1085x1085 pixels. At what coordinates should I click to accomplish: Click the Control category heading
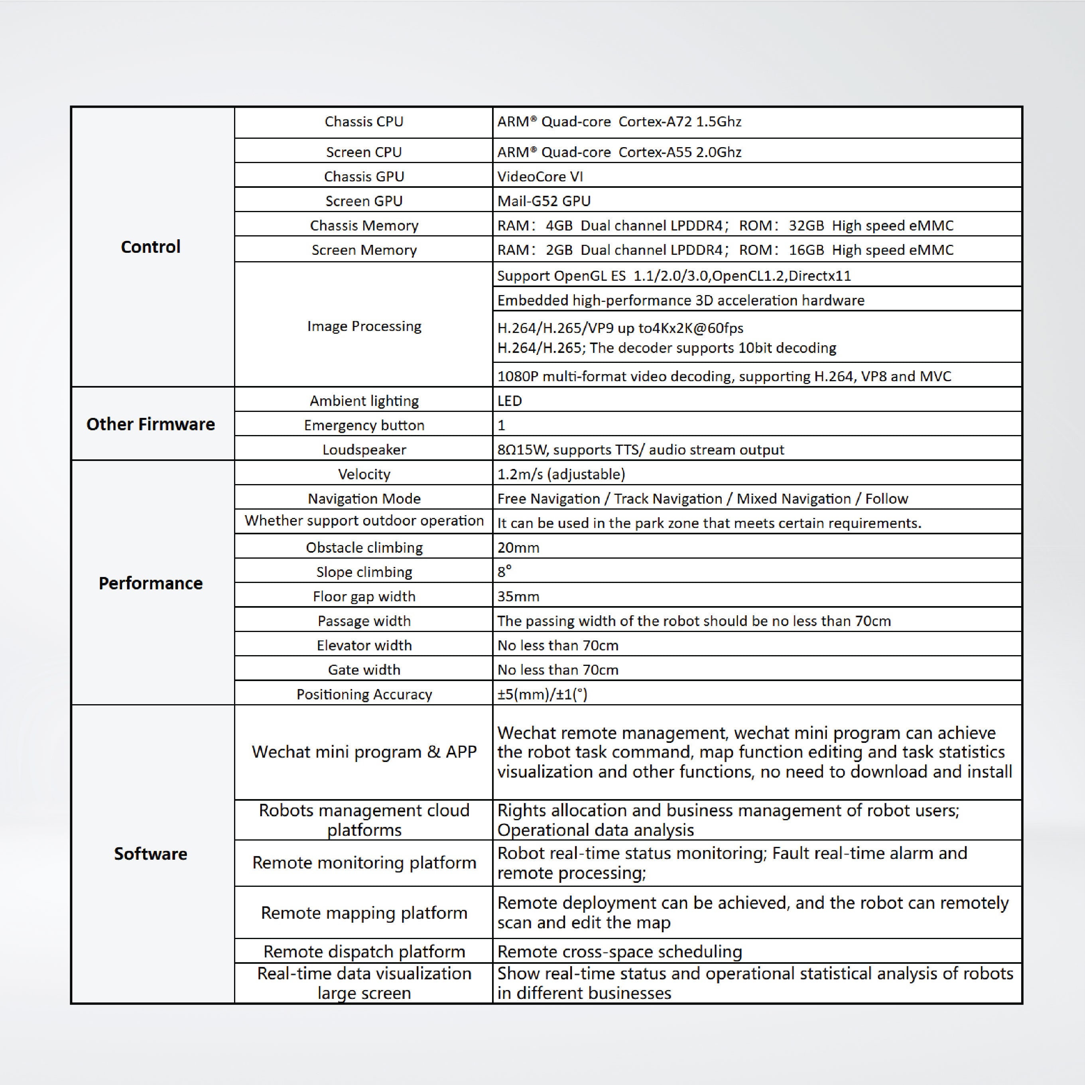click(150, 246)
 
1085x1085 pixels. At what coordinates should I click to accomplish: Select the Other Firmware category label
click(150, 424)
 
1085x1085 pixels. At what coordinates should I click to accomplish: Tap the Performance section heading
click(150, 583)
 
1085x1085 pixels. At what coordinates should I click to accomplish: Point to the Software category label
click(150, 854)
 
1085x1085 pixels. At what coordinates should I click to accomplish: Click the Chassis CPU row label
click(364, 122)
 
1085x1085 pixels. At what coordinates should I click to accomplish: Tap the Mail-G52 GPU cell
click(543, 201)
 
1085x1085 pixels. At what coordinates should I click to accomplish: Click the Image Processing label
click(364, 326)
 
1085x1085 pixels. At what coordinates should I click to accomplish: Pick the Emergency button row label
click(364, 425)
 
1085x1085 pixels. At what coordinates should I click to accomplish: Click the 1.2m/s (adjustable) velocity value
click(561, 475)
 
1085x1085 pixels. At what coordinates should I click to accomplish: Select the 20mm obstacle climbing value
click(518, 547)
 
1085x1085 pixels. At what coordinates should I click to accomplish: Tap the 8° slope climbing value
click(504, 572)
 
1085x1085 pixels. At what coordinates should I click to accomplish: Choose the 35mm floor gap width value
click(518, 597)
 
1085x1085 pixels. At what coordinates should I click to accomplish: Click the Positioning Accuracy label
click(364, 695)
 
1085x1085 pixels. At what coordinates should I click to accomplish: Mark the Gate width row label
click(364, 670)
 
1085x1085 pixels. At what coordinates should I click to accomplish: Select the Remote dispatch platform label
click(364, 951)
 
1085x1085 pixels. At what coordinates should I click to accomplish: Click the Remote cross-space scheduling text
click(619, 951)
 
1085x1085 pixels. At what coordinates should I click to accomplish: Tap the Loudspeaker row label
click(364, 450)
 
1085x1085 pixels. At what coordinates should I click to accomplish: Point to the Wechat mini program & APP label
click(364, 752)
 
